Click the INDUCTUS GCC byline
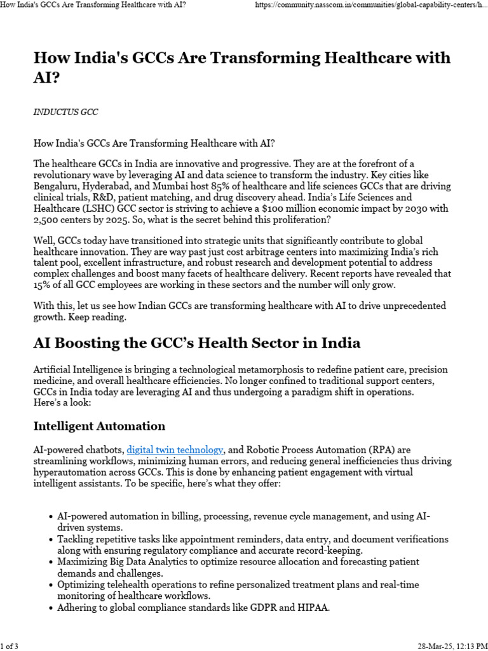click(x=65, y=112)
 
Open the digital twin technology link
click(x=175, y=449)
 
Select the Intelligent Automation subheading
click(x=99, y=426)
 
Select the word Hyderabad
click(x=119, y=186)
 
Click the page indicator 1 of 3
click(x=10, y=646)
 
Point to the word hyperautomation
click(x=72, y=472)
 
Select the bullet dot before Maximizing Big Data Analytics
click(x=51, y=563)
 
